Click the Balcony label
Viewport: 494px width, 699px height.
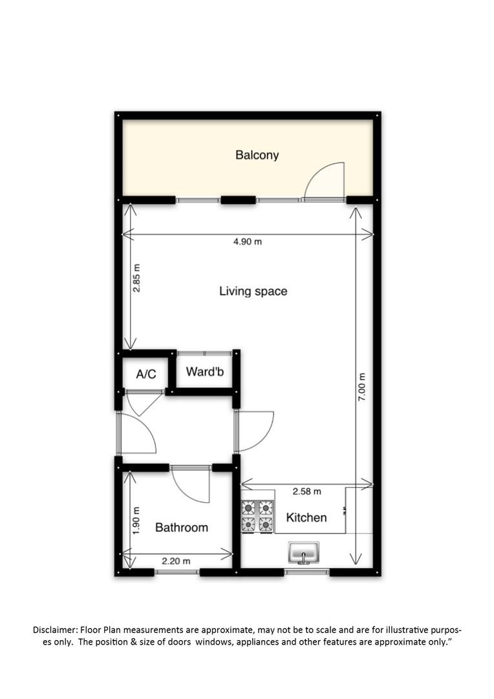coord(257,155)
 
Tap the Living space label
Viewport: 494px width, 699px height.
coord(253,291)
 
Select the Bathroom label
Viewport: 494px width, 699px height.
coord(181,527)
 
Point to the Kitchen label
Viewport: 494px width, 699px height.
coord(306,518)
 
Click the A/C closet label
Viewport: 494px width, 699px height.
coord(146,374)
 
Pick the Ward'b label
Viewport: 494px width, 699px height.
coord(205,372)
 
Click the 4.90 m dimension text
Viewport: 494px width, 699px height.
coord(248,241)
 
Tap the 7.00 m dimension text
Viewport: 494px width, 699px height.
coord(361,386)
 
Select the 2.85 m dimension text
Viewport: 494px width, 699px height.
coord(136,278)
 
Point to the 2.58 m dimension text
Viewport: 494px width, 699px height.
coord(307,491)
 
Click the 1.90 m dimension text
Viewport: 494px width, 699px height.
coord(136,520)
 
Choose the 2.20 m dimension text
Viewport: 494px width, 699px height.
coord(176,560)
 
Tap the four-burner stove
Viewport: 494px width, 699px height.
coord(257,516)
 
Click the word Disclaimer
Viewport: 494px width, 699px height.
coord(55,630)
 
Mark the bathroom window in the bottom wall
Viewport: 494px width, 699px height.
coord(177,571)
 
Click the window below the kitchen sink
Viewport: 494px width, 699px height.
coord(306,571)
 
